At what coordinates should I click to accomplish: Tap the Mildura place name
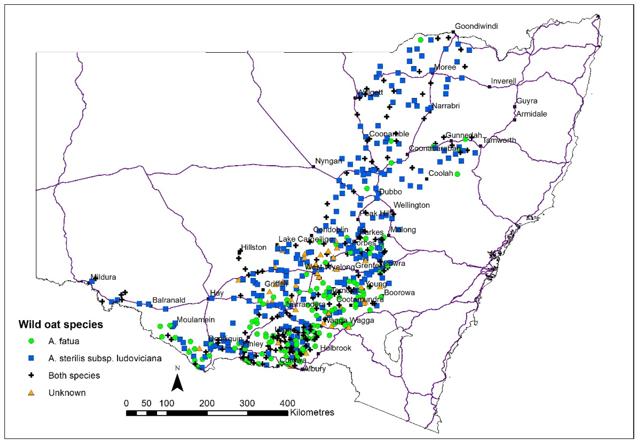pyautogui.click(x=103, y=277)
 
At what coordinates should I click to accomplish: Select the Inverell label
pyautogui.click(x=503, y=81)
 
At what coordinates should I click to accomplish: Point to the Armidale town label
pyautogui.click(x=532, y=114)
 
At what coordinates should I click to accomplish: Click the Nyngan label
pyautogui.click(x=328, y=161)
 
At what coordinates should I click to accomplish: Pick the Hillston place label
pyautogui.click(x=254, y=247)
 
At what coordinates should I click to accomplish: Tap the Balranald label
pyautogui.click(x=169, y=300)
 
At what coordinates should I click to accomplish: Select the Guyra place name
pyautogui.click(x=526, y=101)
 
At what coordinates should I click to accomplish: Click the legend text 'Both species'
pyautogui.click(x=74, y=375)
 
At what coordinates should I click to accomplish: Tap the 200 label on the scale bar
pyautogui.click(x=207, y=403)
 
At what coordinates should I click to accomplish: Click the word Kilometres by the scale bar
pyautogui.click(x=312, y=412)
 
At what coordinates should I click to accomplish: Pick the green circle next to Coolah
pyautogui.click(x=457, y=174)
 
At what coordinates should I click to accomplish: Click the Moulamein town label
pyautogui.click(x=196, y=320)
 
